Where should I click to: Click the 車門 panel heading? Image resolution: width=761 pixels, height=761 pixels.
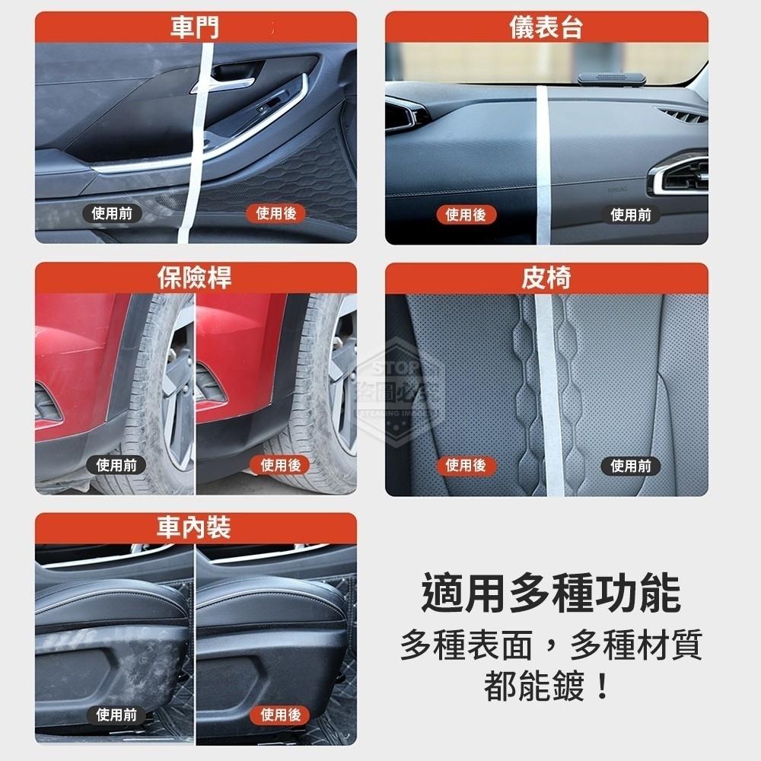pos(195,28)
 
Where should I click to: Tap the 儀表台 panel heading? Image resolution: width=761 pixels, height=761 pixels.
pos(546,28)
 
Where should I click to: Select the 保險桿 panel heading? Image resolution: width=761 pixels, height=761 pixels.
pos(195,279)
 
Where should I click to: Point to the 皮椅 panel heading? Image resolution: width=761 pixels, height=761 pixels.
pos(546,279)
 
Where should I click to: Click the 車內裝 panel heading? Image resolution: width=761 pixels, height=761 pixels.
pos(195,528)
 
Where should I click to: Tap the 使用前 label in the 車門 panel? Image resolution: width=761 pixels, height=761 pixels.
pos(112,215)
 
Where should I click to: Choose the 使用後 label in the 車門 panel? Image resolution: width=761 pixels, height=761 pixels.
pos(275,215)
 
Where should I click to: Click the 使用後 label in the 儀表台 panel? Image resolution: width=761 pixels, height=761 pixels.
pos(465,215)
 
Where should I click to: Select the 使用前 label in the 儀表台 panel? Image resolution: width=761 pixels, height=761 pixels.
pos(631,215)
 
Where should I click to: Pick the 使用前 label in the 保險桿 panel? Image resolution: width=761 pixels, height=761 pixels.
pos(116,465)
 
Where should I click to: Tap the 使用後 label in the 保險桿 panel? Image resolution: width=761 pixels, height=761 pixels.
pos(281,465)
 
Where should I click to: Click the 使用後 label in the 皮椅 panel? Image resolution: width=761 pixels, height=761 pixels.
pos(465,465)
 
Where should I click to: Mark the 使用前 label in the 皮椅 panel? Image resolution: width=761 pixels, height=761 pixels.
pos(631,465)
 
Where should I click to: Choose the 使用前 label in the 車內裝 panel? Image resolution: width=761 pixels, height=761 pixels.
pos(116,715)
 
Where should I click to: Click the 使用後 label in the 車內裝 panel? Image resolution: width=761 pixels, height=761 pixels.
pos(281,715)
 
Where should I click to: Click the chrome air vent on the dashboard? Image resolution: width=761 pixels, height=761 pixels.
pos(679,175)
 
